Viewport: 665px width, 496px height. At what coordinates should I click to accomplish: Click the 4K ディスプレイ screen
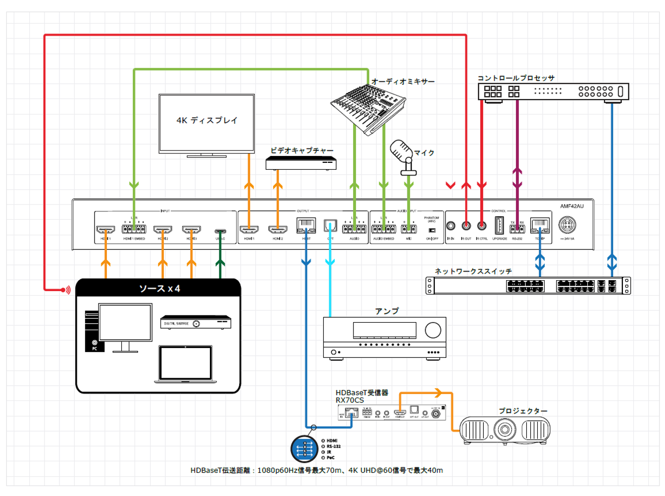point(206,123)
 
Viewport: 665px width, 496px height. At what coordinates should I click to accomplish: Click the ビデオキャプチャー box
point(301,163)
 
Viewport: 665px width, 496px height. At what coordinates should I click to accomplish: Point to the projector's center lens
point(505,429)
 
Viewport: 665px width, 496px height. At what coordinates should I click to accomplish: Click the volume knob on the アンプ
point(433,330)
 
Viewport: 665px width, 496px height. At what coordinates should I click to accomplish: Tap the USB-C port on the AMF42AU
point(220,231)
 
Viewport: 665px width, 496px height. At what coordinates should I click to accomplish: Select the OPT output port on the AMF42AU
point(330,226)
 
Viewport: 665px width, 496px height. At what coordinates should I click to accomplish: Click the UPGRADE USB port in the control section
point(499,226)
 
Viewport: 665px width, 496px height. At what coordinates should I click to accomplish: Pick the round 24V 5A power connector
point(567,225)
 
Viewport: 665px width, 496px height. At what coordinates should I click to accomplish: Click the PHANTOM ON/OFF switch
point(432,230)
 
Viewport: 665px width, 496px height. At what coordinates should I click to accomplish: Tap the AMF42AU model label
point(572,206)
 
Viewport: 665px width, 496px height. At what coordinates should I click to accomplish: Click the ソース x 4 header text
point(159,289)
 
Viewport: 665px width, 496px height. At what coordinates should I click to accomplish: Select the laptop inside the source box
point(185,364)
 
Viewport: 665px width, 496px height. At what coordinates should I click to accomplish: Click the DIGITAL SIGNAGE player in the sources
point(196,323)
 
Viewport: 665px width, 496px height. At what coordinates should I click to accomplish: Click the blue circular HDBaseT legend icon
point(304,449)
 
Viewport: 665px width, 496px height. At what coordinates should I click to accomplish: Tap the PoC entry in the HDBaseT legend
point(330,458)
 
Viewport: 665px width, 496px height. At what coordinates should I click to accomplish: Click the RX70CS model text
point(350,400)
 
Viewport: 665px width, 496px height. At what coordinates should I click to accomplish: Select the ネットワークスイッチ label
point(473,271)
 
